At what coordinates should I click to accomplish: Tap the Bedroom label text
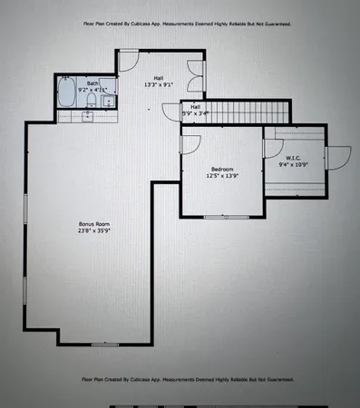click(223, 170)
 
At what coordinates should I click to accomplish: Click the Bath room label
click(81, 83)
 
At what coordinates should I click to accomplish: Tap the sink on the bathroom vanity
click(88, 116)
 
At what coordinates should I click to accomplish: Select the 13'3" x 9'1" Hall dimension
click(158, 85)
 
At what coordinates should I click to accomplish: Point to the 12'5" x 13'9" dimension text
click(223, 177)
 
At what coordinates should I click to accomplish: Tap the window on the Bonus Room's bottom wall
click(104, 345)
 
